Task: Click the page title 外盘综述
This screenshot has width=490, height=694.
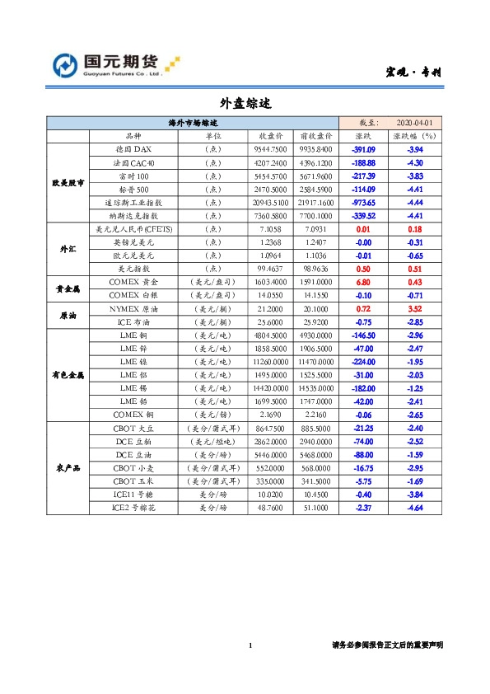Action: (245, 104)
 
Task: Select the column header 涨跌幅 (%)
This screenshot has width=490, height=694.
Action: (415, 136)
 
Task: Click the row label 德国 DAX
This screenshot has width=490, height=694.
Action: (133, 150)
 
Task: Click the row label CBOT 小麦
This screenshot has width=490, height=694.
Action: (133, 467)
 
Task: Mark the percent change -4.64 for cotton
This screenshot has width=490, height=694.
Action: (415, 508)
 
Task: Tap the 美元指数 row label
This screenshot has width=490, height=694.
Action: (133, 268)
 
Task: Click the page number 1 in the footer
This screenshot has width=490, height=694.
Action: (250, 645)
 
